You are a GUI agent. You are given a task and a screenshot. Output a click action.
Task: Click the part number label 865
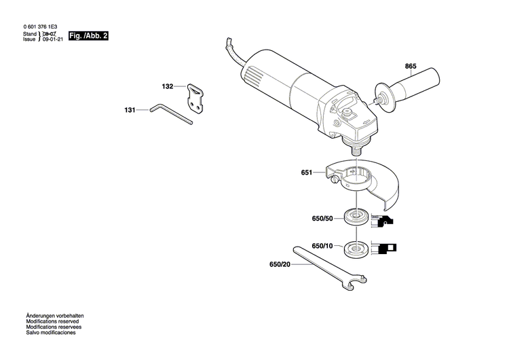pos(411,66)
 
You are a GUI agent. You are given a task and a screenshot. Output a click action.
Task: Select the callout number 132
pos(168,86)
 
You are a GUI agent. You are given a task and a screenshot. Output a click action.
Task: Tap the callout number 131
pos(130,109)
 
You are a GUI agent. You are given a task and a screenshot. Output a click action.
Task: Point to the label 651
pos(307,173)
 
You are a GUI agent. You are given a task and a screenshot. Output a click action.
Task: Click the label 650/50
pos(322,219)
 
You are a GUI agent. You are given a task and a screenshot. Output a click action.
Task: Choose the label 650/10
pos(322,245)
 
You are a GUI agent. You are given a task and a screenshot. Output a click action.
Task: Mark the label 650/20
pos(280,264)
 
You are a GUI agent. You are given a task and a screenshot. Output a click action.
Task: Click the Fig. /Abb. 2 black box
pos(89,35)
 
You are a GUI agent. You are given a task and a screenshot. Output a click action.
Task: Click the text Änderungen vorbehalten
pos(55,317)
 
